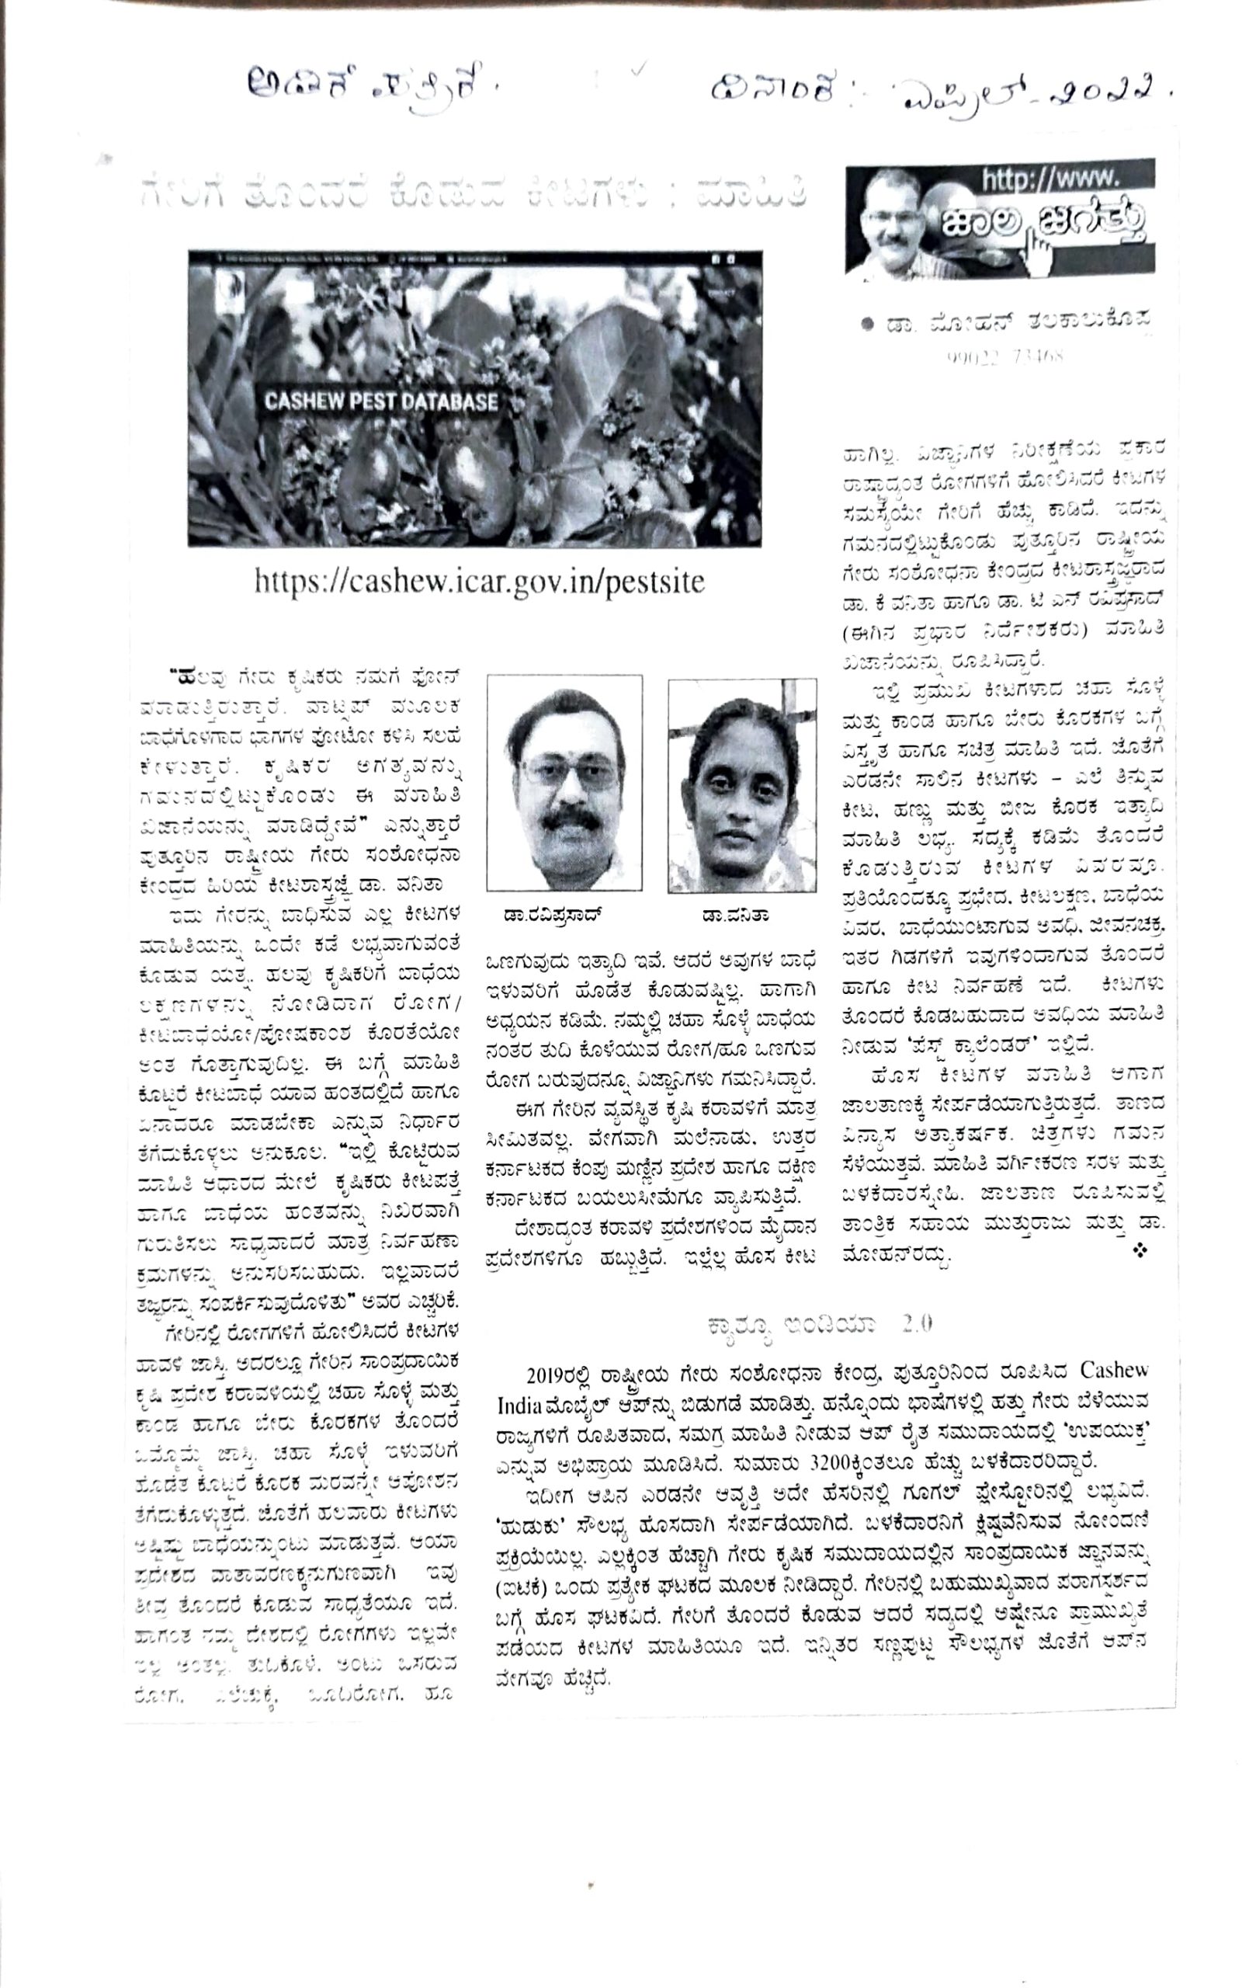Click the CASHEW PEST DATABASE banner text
click(x=380, y=402)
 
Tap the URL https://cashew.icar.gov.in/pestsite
click(x=480, y=582)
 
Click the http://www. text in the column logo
click(x=1049, y=177)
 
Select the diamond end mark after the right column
click(x=1141, y=1252)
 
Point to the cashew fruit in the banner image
click(x=470, y=487)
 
